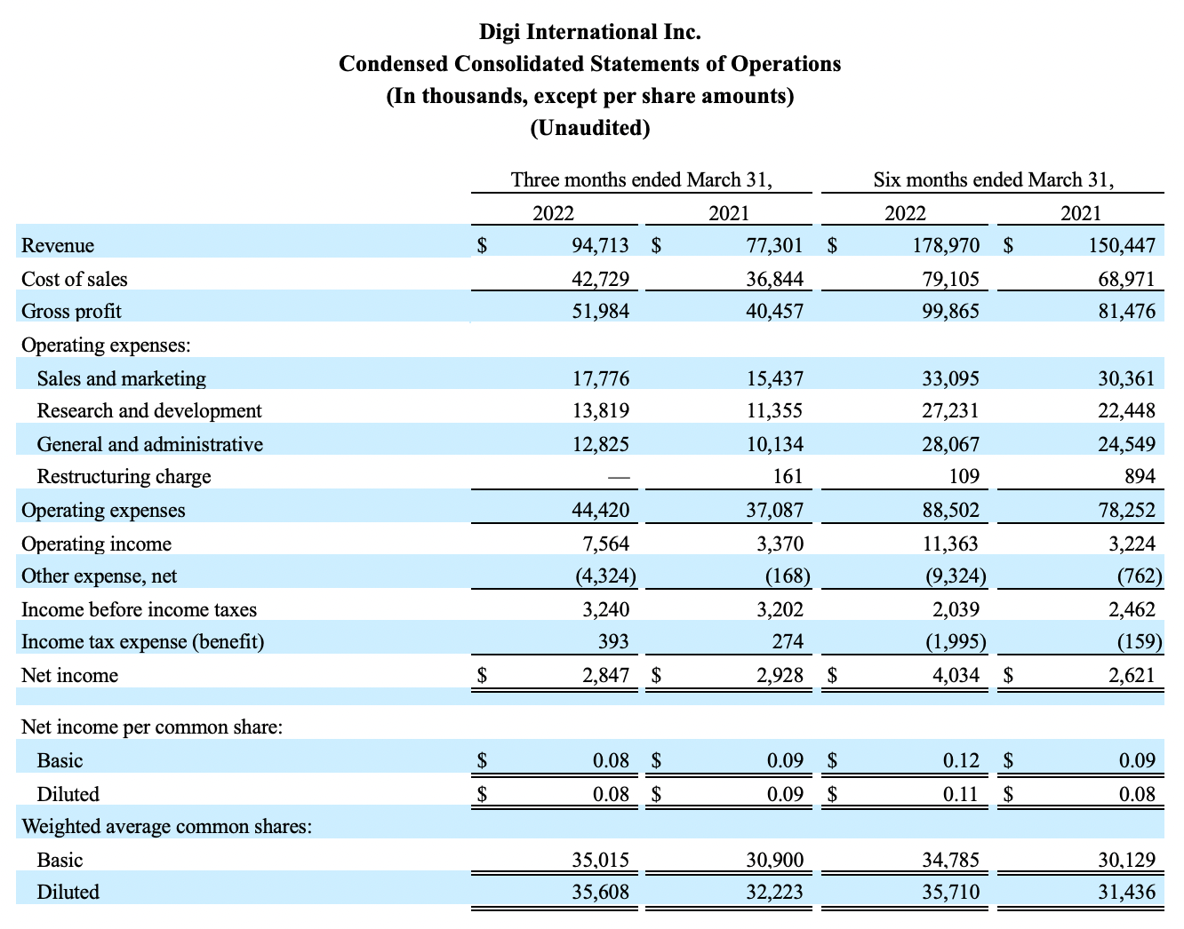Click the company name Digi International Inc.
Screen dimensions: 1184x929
tap(590, 32)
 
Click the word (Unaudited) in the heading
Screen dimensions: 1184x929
tap(590, 128)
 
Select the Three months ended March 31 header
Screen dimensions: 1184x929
tap(641, 179)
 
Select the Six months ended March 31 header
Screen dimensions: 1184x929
tap(993, 179)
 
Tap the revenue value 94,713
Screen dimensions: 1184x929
tap(600, 245)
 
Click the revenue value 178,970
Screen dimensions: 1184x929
tap(946, 245)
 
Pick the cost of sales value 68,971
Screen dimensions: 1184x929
tap(1126, 279)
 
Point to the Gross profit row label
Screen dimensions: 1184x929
tap(71, 312)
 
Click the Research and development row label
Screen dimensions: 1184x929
tap(149, 411)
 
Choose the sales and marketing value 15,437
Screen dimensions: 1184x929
tap(775, 378)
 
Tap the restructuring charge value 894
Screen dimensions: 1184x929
tap(1140, 477)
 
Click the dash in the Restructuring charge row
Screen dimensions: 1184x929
tap(619, 477)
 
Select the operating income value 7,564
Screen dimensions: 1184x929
tap(606, 544)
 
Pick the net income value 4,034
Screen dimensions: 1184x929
tap(956, 676)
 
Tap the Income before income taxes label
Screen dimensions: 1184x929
tap(139, 609)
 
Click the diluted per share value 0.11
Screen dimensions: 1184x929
tap(961, 795)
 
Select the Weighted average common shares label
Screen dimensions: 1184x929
tap(167, 827)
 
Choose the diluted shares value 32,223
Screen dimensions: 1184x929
tap(774, 892)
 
